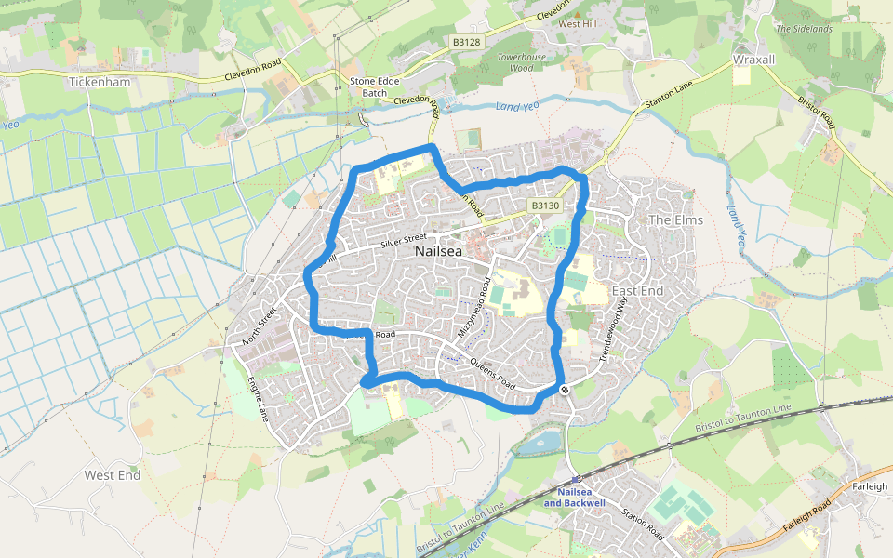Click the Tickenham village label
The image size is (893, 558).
[x=100, y=82]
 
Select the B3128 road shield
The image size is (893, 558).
[x=467, y=42]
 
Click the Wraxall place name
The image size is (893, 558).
[x=753, y=59]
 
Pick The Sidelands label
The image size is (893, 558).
[x=804, y=29]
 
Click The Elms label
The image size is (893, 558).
[x=675, y=220]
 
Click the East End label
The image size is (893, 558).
[x=637, y=291]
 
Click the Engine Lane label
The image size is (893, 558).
[x=257, y=398]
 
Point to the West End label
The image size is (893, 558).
[x=112, y=475]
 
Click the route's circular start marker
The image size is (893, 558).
[x=564, y=389]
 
